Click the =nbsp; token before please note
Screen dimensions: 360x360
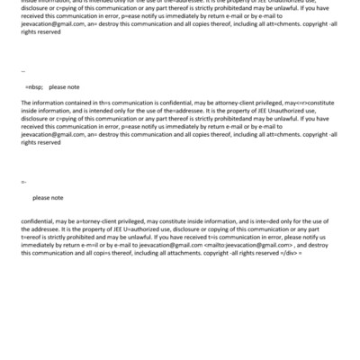(34, 87)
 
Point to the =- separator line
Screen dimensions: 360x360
(23, 182)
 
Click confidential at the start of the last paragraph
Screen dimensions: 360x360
(40, 221)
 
